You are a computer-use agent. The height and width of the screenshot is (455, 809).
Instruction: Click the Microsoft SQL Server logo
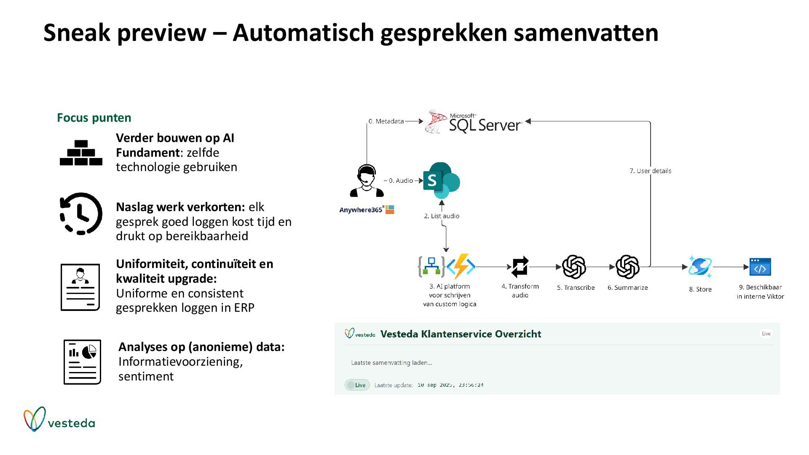coord(474,122)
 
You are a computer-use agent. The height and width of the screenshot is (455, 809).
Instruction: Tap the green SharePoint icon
coord(441,180)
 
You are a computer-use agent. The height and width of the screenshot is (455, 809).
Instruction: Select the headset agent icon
coord(367,181)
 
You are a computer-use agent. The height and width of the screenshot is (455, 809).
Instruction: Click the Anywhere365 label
coord(362,210)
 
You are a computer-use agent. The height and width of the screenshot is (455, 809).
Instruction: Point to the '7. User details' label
coord(650,171)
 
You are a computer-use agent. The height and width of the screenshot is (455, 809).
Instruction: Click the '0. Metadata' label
coord(386,121)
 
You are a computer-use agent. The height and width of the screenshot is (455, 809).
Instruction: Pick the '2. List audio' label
coord(442,216)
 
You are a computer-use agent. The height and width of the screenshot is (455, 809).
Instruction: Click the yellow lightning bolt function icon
coord(461,266)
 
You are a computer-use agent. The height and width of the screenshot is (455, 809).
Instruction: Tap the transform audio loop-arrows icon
coord(520,267)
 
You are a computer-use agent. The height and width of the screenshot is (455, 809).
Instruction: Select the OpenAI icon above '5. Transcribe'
coord(574,267)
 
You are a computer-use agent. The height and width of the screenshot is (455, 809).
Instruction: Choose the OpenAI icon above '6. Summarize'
coord(627,267)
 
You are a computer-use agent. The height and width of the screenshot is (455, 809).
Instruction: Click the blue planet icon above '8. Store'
coord(700,267)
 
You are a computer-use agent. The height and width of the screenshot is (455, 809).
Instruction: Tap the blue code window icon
coord(760,267)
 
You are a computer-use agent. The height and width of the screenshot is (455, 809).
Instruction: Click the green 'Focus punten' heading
coord(94,118)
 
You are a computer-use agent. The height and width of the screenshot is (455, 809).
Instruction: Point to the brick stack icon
coord(81,153)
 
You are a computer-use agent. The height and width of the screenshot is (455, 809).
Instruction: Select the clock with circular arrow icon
coord(81,214)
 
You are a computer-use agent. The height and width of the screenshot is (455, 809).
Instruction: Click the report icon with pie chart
coord(82,362)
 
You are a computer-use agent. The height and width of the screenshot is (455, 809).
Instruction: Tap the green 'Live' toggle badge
coord(357,385)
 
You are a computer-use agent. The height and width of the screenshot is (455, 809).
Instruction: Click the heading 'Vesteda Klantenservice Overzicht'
coord(461,334)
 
